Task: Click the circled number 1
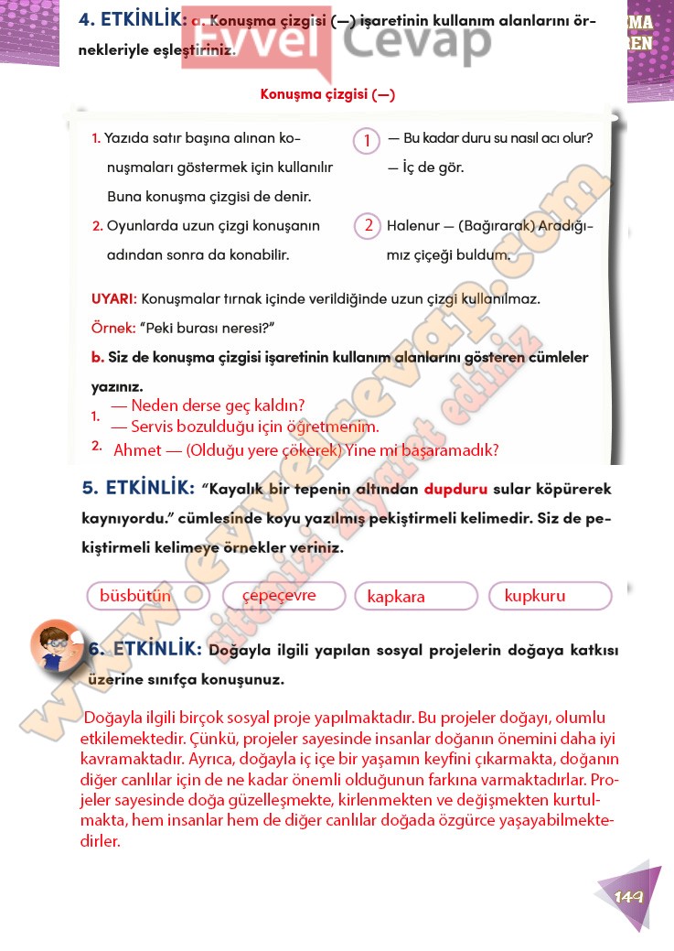(367, 140)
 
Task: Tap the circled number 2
(367, 225)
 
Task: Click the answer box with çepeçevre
(284, 596)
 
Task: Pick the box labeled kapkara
(416, 597)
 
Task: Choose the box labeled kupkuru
(551, 596)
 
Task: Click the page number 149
(630, 896)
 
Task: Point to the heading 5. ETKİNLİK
(138, 489)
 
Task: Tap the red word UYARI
(113, 299)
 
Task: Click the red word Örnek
(112, 328)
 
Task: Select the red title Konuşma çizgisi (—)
(327, 94)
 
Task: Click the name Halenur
(412, 225)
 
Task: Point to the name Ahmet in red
(134, 450)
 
